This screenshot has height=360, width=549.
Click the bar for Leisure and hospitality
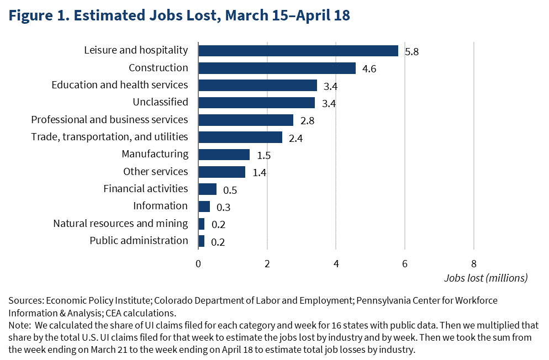pos(298,51)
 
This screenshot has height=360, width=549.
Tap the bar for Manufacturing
pos(224,155)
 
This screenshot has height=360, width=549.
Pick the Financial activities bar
pos(207,189)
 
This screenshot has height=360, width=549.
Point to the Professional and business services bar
pos(246,120)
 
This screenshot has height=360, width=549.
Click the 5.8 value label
pos(412,52)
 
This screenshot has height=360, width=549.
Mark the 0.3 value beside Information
pos(224,208)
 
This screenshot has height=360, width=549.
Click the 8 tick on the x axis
pos(473,263)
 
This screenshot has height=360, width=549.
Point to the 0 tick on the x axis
pos(198,263)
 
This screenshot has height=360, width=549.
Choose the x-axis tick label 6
pos(405,263)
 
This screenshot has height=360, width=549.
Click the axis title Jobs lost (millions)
pos(485,278)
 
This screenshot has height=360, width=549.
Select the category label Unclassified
pos(160,102)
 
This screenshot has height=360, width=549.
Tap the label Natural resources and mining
pos(120,223)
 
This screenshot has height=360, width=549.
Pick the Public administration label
pos(139,240)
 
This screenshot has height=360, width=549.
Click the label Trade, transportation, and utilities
pos(109,137)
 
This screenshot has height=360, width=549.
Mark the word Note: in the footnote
pos(20,325)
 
